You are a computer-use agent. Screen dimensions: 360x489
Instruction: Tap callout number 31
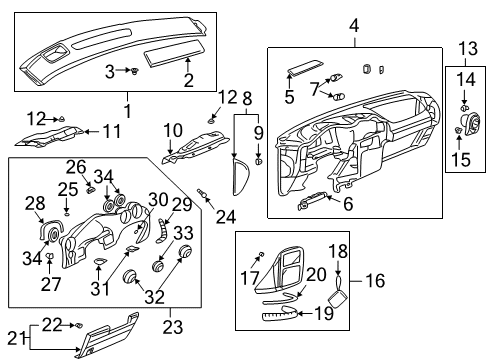click(x=98, y=291)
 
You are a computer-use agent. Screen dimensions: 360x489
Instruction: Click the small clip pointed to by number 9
click(x=258, y=159)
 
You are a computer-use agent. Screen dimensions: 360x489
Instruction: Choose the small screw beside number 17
click(x=262, y=256)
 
